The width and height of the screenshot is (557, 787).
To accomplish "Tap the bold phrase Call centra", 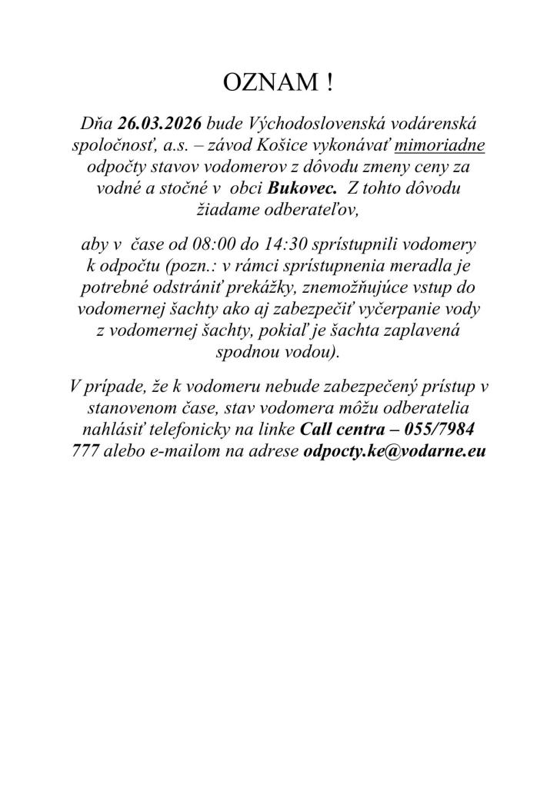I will [x=345, y=430].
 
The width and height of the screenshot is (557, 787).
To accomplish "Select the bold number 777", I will [x=84, y=452].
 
